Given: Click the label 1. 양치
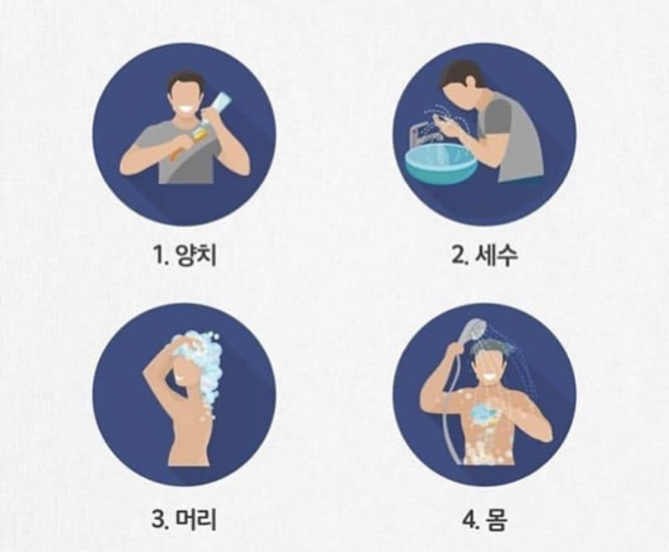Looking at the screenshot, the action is click(x=185, y=255).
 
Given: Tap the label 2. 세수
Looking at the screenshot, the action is click(x=484, y=255).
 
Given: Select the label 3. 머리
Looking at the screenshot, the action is click(x=185, y=519).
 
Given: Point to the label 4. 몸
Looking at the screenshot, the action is click(x=485, y=520).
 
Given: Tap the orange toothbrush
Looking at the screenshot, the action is click(x=187, y=142).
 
